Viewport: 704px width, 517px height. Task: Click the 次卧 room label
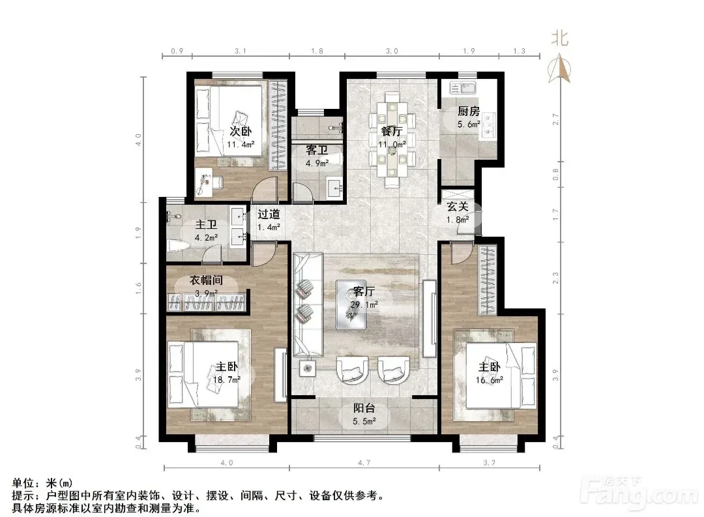point(241,131)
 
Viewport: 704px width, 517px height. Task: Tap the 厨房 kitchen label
point(469,111)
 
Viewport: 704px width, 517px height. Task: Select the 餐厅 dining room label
point(392,131)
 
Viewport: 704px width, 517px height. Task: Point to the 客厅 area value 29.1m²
point(364,304)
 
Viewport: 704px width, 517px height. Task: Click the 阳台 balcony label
point(364,408)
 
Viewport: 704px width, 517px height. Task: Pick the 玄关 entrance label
point(458,207)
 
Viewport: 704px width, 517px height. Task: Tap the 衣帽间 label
point(206,280)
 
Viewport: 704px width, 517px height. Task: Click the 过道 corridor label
point(269,214)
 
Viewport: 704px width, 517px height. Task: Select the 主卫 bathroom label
point(206,224)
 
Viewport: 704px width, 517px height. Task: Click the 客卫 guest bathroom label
point(317,150)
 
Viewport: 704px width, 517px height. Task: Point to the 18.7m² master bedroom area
point(227,379)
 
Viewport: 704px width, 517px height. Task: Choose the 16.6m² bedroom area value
point(490,380)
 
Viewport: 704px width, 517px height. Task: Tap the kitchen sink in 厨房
point(463,87)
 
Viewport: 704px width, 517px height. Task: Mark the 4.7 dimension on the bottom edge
point(364,462)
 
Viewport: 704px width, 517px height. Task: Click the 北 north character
point(560,38)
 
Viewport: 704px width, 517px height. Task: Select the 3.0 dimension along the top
point(392,51)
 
